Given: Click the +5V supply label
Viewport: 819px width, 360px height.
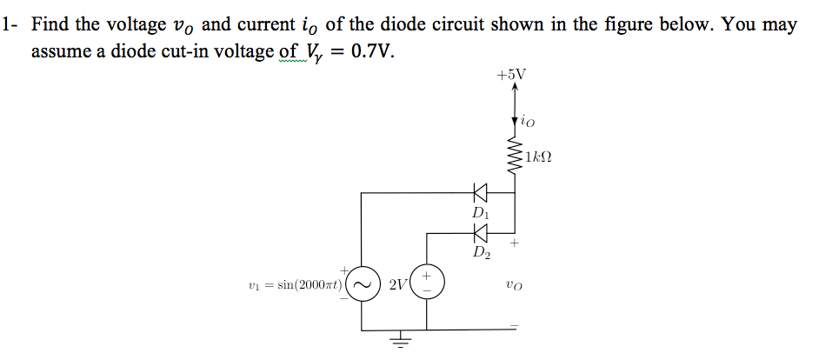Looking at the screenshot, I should pyautogui.click(x=511, y=75).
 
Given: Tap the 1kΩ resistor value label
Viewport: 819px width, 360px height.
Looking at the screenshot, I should pyautogui.click(x=539, y=159).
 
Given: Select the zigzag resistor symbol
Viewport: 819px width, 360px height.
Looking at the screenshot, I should pyautogui.click(x=515, y=157).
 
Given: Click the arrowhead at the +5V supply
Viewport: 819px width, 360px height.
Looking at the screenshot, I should pyautogui.click(x=514, y=87).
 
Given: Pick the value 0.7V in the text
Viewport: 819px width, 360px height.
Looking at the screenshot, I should pyautogui.click(x=370, y=52).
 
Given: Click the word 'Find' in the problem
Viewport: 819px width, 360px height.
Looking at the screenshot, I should pyautogui.click(x=51, y=24).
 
